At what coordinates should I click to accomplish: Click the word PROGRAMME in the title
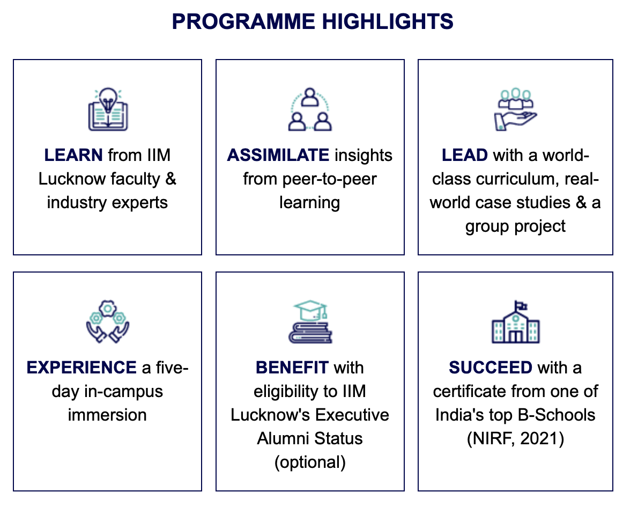click(243, 21)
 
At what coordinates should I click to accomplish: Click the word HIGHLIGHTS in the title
click(388, 21)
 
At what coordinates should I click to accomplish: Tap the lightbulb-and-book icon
click(108, 109)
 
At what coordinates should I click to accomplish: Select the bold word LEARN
click(73, 155)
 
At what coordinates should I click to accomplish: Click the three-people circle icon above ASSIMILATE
click(310, 109)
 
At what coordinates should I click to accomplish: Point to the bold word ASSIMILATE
click(278, 155)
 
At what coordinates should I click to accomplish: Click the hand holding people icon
click(515, 109)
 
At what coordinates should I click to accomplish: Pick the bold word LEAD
click(464, 155)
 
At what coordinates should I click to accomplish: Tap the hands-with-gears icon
click(108, 321)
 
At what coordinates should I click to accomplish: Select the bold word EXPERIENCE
click(81, 368)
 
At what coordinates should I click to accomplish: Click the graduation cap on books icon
click(310, 321)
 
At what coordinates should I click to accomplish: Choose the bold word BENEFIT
click(292, 368)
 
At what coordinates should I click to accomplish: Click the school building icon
click(515, 321)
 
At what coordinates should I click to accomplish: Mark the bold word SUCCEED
click(490, 368)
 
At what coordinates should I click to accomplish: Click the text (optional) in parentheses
click(310, 462)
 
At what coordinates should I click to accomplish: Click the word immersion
click(107, 415)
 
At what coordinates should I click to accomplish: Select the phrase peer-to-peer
click(329, 179)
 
